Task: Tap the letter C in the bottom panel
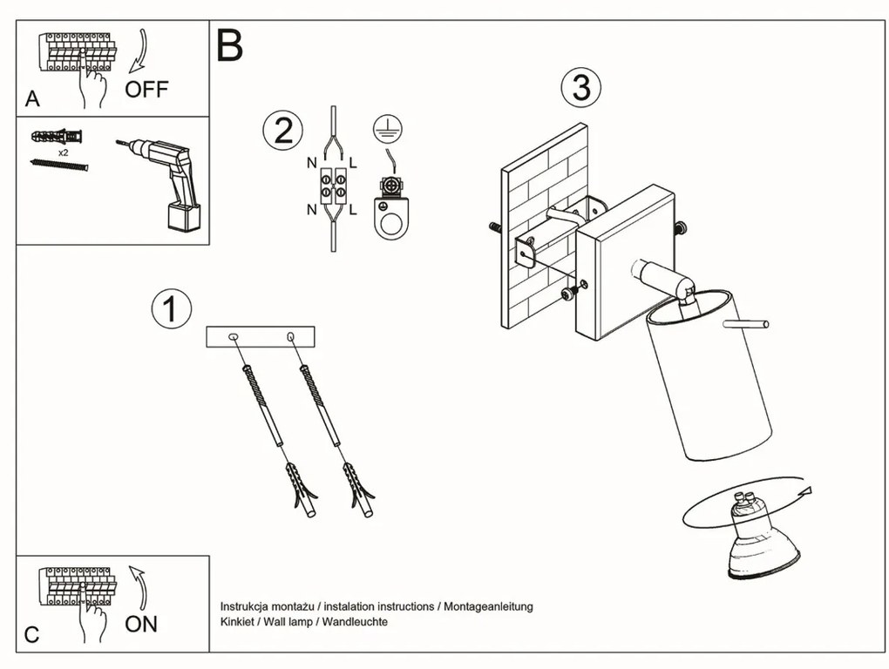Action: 31,635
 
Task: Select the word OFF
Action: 146,89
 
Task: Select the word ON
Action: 141,624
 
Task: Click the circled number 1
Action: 171,309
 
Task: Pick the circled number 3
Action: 581,88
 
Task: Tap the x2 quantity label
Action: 64,152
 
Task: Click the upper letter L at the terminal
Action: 352,162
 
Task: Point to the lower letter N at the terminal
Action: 311,210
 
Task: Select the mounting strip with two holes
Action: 260,336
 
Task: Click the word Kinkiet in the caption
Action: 238,622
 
